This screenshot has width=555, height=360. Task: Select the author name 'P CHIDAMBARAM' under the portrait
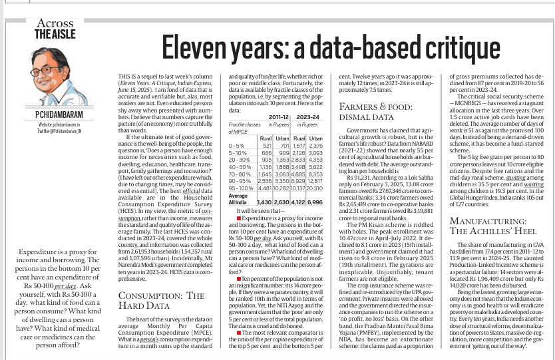point(55,115)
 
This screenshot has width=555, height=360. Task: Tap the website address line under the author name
point(55,124)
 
